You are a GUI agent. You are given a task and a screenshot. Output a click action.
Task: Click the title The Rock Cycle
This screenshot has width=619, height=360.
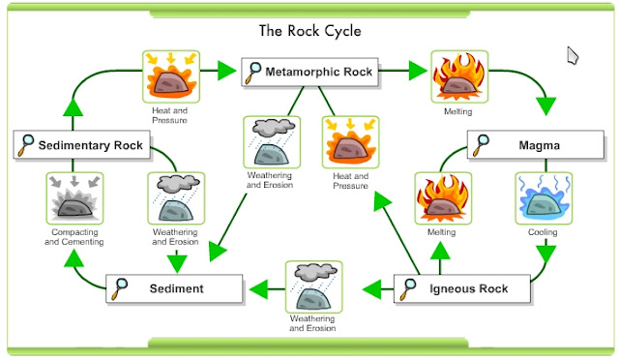click(309, 30)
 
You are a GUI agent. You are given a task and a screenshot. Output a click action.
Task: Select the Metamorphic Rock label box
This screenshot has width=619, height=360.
click(309, 71)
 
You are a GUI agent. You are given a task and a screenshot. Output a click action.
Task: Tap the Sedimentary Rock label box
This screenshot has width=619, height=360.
click(80, 146)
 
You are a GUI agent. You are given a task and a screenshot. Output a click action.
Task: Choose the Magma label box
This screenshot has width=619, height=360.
click(527, 145)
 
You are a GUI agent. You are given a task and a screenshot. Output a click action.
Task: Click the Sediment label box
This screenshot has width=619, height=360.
click(172, 288)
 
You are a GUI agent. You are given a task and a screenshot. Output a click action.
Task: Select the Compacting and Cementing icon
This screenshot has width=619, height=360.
click(74, 199)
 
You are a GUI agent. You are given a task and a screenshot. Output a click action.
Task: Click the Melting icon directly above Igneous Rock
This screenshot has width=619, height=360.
click(441, 198)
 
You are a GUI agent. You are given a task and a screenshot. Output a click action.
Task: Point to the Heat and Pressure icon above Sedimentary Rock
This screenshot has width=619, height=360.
click(169, 76)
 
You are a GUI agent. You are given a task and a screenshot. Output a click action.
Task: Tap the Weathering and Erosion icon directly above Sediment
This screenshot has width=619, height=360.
click(176, 199)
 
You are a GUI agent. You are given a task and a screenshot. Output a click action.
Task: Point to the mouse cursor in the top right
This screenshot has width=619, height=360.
click(574, 55)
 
